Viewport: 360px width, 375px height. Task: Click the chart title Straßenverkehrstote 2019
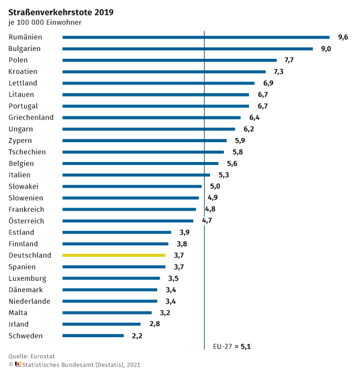click(61, 11)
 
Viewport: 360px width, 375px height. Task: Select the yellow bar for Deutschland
click(114, 255)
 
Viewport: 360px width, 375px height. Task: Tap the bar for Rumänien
click(196, 37)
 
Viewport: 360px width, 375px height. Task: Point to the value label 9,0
click(326, 49)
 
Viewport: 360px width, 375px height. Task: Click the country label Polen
click(18, 60)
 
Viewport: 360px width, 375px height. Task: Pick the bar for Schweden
click(93, 335)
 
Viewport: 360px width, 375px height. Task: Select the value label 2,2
click(137, 335)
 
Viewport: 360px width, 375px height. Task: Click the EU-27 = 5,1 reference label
click(232, 346)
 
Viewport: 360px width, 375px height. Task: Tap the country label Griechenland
click(31, 118)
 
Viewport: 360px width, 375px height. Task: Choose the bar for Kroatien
click(164, 71)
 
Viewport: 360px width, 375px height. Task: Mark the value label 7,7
click(289, 60)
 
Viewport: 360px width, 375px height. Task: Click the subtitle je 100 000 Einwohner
click(45, 23)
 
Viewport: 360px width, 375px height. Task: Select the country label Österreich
click(26, 221)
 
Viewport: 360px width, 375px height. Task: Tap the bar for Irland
click(101, 324)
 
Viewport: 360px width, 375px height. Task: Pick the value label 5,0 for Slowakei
click(214, 186)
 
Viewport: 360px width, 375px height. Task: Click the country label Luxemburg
click(27, 278)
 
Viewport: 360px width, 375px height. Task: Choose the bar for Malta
click(107, 313)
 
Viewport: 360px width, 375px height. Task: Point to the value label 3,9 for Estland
click(184, 232)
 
